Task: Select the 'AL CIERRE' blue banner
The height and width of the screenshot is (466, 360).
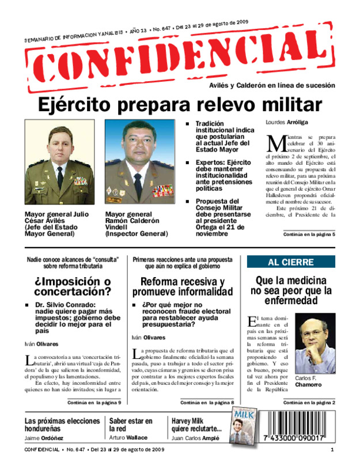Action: click(x=291, y=262)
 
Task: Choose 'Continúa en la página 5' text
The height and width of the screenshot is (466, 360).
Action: click(x=309, y=234)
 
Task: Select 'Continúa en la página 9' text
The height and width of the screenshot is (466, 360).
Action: click(x=94, y=401)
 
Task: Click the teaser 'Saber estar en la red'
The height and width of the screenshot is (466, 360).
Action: click(x=131, y=425)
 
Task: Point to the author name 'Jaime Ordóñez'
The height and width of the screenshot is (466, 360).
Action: click(x=44, y=438)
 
